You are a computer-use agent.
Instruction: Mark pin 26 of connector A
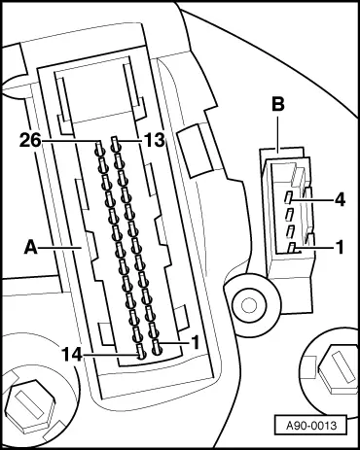coord(101,149)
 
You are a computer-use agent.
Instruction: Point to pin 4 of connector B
coord(289,198)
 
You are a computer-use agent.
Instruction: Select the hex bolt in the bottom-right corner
coord(332,367)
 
